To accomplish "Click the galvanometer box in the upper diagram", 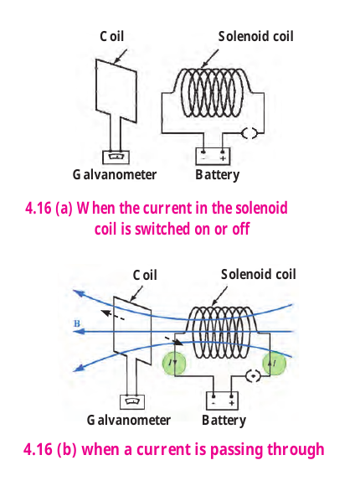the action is [116, 158].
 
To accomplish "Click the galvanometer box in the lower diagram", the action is [132, 402].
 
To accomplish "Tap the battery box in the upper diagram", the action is [213, 156].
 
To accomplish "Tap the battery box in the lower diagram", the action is [222, 401].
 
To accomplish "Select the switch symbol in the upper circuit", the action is [249, 133].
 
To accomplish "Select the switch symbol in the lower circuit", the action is [254, 376].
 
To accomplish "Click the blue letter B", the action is [77, 323].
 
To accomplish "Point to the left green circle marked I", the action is [174, 363].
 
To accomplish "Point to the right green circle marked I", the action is [274, 363].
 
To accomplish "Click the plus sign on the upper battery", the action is [223, 158].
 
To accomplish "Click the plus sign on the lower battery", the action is [231, 403].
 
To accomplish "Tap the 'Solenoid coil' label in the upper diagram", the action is [255, 36].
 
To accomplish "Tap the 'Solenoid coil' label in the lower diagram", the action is [259, 274].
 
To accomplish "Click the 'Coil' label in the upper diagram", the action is [111, 36].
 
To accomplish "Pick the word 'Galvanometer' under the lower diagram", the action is [129, 420].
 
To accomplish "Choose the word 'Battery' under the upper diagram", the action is [217, 175].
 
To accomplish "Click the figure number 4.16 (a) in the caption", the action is [49, 208].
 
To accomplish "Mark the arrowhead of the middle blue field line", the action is [79, 332].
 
